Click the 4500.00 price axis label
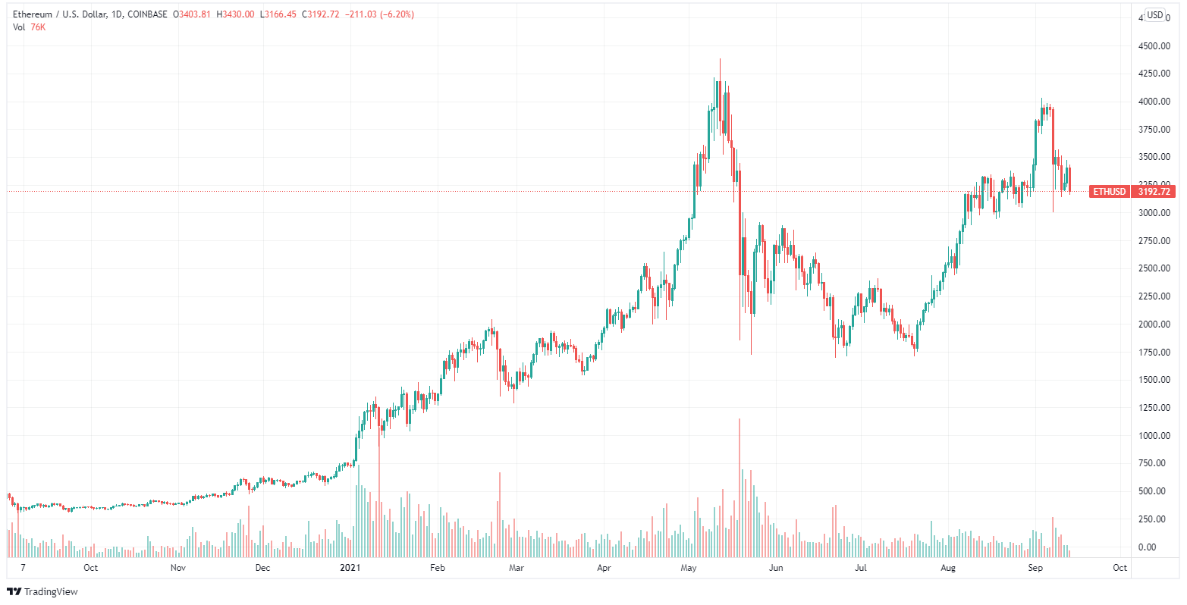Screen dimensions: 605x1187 1151,45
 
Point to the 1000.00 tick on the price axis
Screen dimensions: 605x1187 1151,435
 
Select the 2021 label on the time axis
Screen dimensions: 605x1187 350,567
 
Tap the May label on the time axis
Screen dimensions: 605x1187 689,567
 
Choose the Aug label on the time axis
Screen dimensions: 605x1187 948,567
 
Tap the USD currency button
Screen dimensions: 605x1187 1155,14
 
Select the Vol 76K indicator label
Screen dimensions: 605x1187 29,27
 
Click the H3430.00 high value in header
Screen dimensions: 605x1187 237,14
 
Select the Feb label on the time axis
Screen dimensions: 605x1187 437,567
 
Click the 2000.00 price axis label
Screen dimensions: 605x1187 1151,324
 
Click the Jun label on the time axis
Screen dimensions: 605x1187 775,567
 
